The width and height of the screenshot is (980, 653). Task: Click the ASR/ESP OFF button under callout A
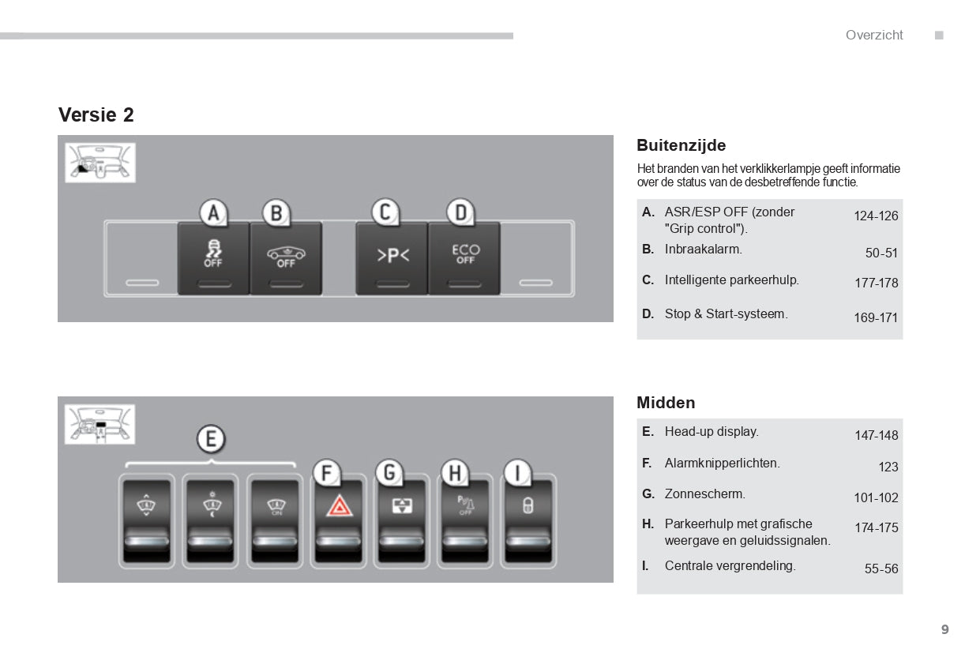213,258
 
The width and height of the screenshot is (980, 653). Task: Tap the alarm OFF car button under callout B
286,258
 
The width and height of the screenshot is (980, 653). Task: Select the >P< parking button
392,258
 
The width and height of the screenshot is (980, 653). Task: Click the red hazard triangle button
339,520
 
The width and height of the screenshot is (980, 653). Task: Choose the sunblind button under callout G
402,520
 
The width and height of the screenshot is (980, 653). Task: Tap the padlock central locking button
528,520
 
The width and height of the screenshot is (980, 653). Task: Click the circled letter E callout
211,439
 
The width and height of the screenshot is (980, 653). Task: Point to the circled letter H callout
455,473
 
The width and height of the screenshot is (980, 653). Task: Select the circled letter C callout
385,212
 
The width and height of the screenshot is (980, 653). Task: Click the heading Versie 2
96,115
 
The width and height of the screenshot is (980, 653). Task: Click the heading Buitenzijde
681,145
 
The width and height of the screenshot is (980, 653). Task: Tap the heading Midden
666,403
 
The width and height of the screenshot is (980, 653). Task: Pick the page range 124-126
876,216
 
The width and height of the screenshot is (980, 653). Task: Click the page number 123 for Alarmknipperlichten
888,467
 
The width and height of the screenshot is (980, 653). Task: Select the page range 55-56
881,569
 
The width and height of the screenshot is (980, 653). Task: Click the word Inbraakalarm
704,250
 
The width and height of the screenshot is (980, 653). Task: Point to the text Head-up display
712,432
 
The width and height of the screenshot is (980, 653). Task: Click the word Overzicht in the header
874,35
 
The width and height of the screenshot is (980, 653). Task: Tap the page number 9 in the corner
945,629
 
